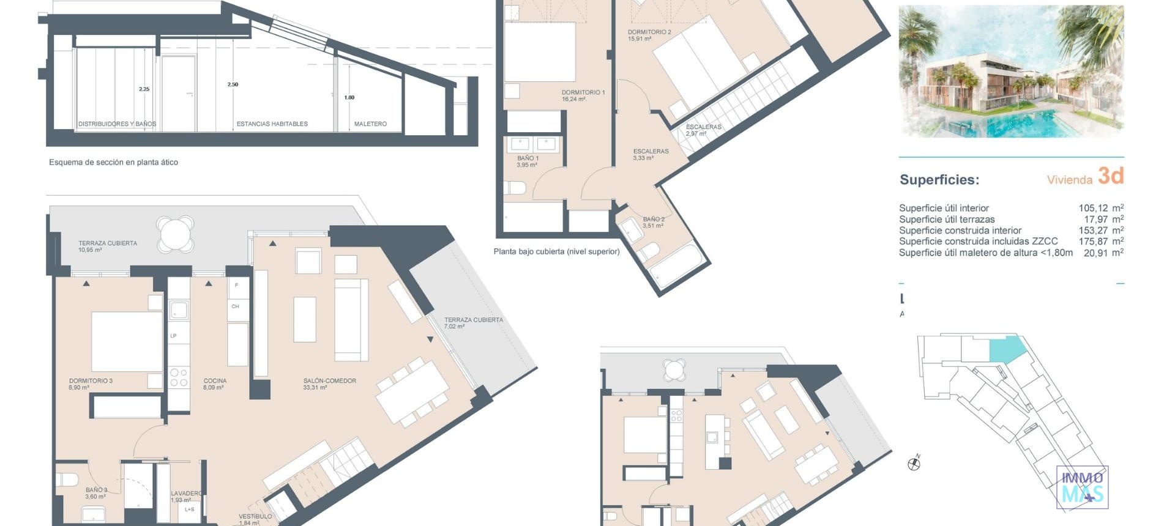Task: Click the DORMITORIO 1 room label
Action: (x=583, y=92)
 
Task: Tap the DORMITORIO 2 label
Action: (x=649, y=32)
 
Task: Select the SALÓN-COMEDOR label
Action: (x=329, y=380)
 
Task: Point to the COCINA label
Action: (x=215, y=380)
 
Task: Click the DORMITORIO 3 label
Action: (x=91, y=380)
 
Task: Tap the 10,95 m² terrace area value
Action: (x=90, y=250)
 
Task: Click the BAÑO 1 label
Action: (x=528, y=158)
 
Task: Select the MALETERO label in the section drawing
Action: (x=370, y=124)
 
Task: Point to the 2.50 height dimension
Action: (x=233, y=84)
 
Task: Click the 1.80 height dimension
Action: (x=349, y=97)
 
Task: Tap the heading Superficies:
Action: (x=939, y=180)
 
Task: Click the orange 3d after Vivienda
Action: (x=1111, y=176)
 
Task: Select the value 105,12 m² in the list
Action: (x=1100, y=208)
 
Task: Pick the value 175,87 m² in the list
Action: (x=1100, y=241)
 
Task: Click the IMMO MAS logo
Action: (x=1082, y=487)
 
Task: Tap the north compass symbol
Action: (x=914, y=464)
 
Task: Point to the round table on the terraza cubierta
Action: (x=176, y=233)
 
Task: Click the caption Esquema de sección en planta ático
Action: (x=113, y=162)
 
